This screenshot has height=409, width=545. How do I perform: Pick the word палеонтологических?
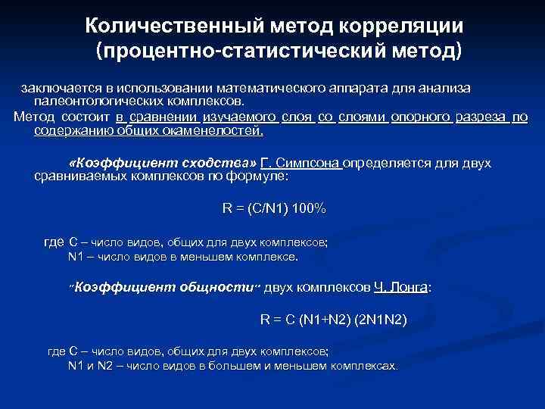pyautogui.click(x=98, y=101)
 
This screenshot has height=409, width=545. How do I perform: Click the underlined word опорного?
pyautogui.click(x=422, y=117)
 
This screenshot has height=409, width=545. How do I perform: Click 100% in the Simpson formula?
pyautogui.click(x=309, y=208)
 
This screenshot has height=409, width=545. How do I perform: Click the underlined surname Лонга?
pyautogui.click(x=409, y=287)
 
